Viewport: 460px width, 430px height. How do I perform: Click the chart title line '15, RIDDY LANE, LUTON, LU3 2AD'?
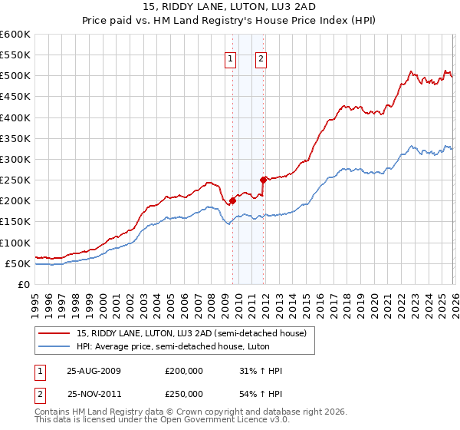coord(229,7)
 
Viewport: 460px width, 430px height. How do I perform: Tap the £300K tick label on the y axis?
coord(15,159)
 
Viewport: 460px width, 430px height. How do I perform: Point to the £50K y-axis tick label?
coord(18,263)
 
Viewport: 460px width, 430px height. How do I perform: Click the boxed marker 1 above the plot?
coord(231,61)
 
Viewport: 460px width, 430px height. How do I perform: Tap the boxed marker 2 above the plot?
coord(261,61)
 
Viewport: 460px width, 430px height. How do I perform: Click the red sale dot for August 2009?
coord(232,201)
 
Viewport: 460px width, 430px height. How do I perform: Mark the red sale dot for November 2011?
coord(263,180)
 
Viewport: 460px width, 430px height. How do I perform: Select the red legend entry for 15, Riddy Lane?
coord(191,332)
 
